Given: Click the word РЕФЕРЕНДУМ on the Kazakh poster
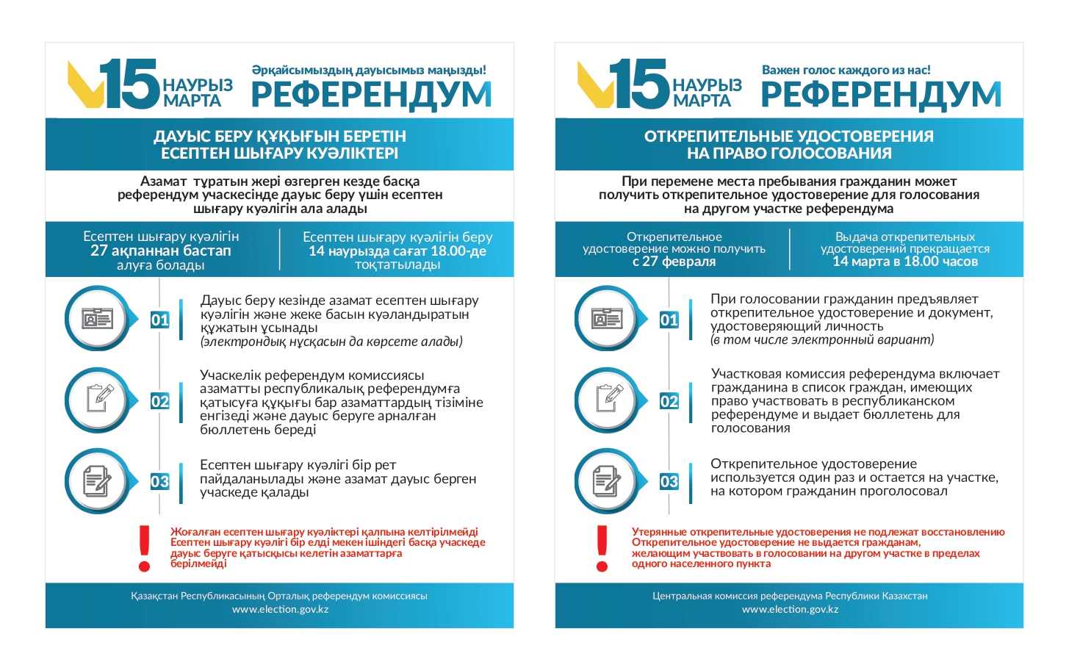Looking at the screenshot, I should coord(371,95).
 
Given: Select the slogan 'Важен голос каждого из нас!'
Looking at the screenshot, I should coord(846,71).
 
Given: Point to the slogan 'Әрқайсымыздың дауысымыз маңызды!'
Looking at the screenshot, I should coord(369,71).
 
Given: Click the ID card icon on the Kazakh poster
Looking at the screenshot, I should coord(97,319).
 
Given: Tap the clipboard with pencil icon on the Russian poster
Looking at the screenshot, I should coord(607,400).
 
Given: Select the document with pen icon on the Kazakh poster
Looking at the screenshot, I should coord(97,481).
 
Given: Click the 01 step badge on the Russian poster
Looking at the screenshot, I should coord(669,320).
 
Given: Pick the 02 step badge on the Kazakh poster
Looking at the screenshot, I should coord(159,401).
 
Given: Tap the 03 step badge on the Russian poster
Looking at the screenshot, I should coord(669,482).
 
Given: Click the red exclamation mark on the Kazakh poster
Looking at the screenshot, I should coord(145,548).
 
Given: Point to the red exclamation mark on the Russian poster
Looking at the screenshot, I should coord(602,548).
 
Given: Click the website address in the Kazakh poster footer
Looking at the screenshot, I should coord(280,609).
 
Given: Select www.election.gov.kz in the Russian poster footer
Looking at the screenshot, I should coord(790,609).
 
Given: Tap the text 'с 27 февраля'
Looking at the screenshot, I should coord(674,262).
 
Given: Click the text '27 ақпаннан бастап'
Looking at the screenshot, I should coord(161,251).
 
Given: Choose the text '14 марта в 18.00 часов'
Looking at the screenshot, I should coord(905,262).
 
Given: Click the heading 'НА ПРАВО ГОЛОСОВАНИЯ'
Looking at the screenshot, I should coord(789,154).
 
